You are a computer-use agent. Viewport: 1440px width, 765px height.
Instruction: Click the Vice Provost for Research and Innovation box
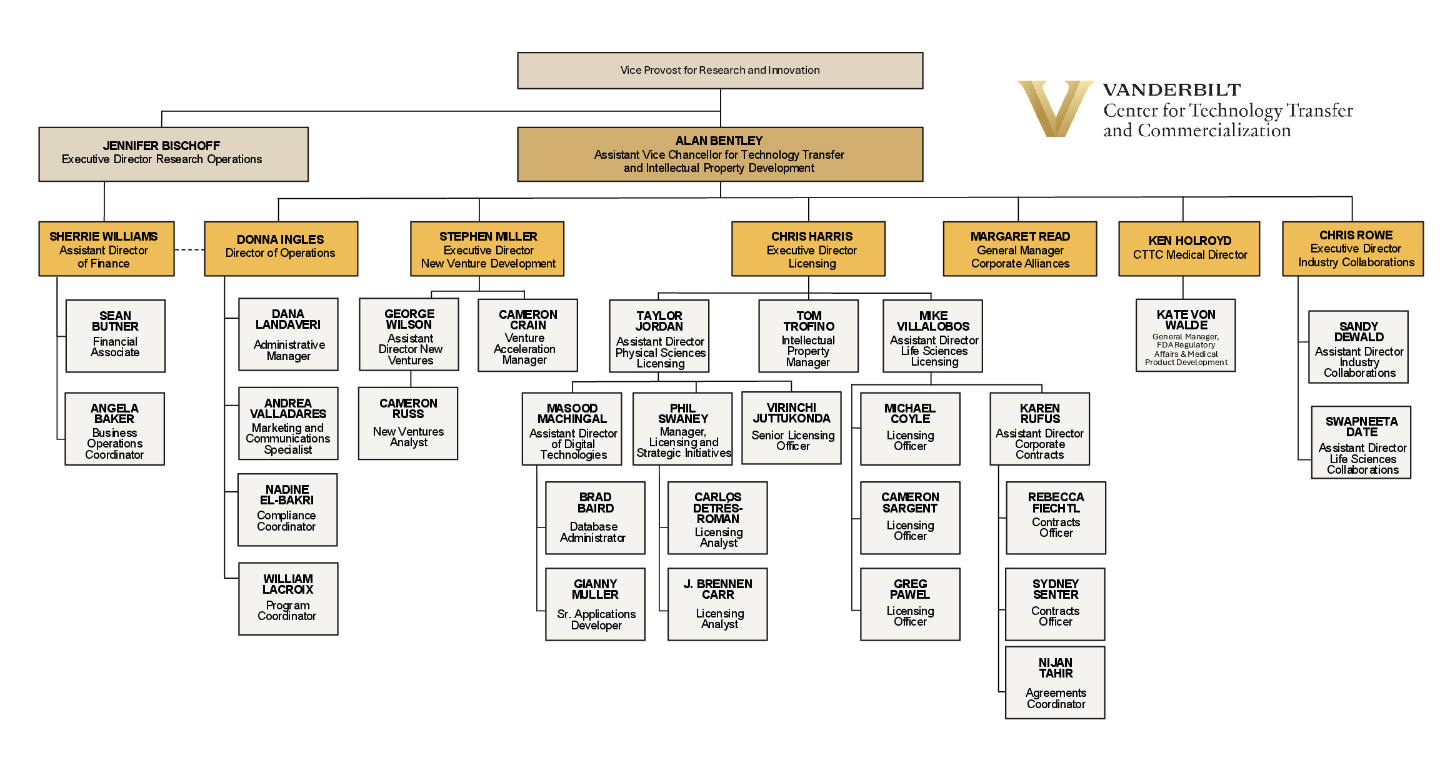(720, 71)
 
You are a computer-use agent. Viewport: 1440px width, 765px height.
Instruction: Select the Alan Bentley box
(720, 154)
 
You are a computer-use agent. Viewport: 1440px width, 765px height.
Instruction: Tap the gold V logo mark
(1054, 107)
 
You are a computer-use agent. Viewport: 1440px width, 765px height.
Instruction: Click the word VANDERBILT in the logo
(1171, 90)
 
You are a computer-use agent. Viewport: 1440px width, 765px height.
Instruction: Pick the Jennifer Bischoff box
(173, 154)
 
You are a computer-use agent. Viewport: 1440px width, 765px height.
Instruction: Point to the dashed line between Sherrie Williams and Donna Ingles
(189, 249)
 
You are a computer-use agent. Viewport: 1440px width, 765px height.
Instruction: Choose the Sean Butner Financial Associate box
(116, 336)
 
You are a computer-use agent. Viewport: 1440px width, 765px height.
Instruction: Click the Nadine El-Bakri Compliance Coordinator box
(287, 509)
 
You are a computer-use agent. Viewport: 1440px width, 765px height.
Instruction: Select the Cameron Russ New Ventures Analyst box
(408, 423)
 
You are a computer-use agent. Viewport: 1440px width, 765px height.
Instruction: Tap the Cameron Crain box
(527, 336)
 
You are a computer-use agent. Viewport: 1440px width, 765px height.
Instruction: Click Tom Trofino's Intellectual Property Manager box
(808, 336)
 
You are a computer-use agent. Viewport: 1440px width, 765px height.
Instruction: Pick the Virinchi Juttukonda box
(791, 428)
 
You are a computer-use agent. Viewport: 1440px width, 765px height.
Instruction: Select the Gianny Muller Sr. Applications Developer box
(595, 604)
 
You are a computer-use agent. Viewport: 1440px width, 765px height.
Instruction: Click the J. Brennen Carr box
(717, 604)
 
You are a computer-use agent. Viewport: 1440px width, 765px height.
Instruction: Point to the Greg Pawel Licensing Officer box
(910, 604)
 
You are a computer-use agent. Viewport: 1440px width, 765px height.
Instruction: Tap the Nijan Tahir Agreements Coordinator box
(1055, 682)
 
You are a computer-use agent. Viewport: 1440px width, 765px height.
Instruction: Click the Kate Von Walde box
(1186, 336)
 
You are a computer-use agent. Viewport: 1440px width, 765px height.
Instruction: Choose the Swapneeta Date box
(1361, 442)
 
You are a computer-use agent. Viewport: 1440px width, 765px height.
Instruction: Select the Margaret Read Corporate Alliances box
(1020, 249)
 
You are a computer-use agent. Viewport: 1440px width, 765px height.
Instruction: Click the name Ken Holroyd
(1189, 241)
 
